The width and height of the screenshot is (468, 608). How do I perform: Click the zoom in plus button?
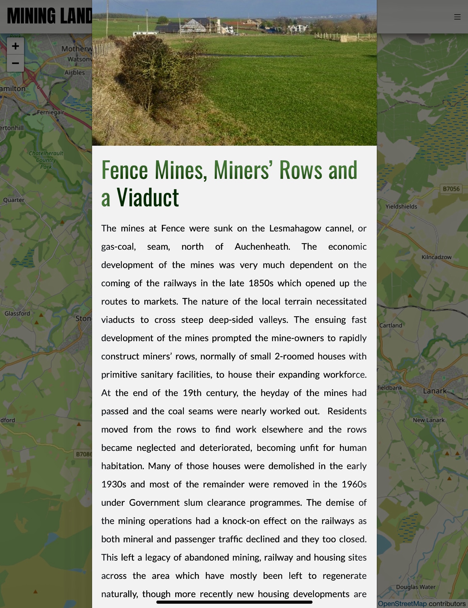click(15, 46)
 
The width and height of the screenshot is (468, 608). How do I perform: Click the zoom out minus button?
click(15, 63)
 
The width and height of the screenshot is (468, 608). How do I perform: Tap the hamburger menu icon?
click(457, 17)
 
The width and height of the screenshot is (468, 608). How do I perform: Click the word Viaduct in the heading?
click(148, 198)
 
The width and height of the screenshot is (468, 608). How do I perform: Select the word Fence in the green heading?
click(124, 170)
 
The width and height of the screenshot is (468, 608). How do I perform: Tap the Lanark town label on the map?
click(435, 391)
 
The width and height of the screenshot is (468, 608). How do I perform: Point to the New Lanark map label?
click(428, 420)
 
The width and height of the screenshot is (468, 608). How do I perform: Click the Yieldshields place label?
click(401, 207)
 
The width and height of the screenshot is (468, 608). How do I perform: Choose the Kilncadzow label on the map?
click(436, 257)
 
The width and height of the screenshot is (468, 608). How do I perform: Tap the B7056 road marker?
click(451, 189)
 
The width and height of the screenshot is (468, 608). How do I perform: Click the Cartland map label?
click(391, 326)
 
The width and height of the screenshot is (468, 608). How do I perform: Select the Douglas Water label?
click(415, 587)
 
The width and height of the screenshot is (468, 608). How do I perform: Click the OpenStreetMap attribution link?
click(402, 604)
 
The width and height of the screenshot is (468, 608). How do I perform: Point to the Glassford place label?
click(17, 313)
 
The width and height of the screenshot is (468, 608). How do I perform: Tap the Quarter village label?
click(14, 200)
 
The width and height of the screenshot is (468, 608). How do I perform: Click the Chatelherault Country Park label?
click(46, 160)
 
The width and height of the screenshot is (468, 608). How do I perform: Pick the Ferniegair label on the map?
click(51, 112)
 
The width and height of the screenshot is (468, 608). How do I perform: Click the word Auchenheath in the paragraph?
click(262, 247)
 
